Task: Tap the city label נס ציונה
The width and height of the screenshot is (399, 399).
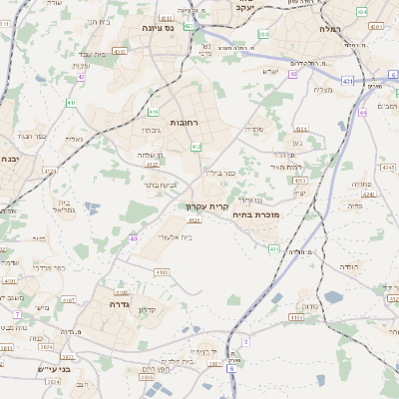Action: (x=158, y=29)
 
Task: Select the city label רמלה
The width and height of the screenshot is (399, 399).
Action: (x=330, y=30)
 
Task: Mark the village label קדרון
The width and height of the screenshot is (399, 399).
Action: (x=147, y=310)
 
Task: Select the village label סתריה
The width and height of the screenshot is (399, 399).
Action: (x=256, y=130)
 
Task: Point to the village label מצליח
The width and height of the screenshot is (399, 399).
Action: (x=322, y=91)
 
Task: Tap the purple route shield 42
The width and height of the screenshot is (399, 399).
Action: (x=81, y=76)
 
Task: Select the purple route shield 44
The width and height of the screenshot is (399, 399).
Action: (x=363, y=113)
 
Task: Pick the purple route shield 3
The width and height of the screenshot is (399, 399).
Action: (x=244, y=341)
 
